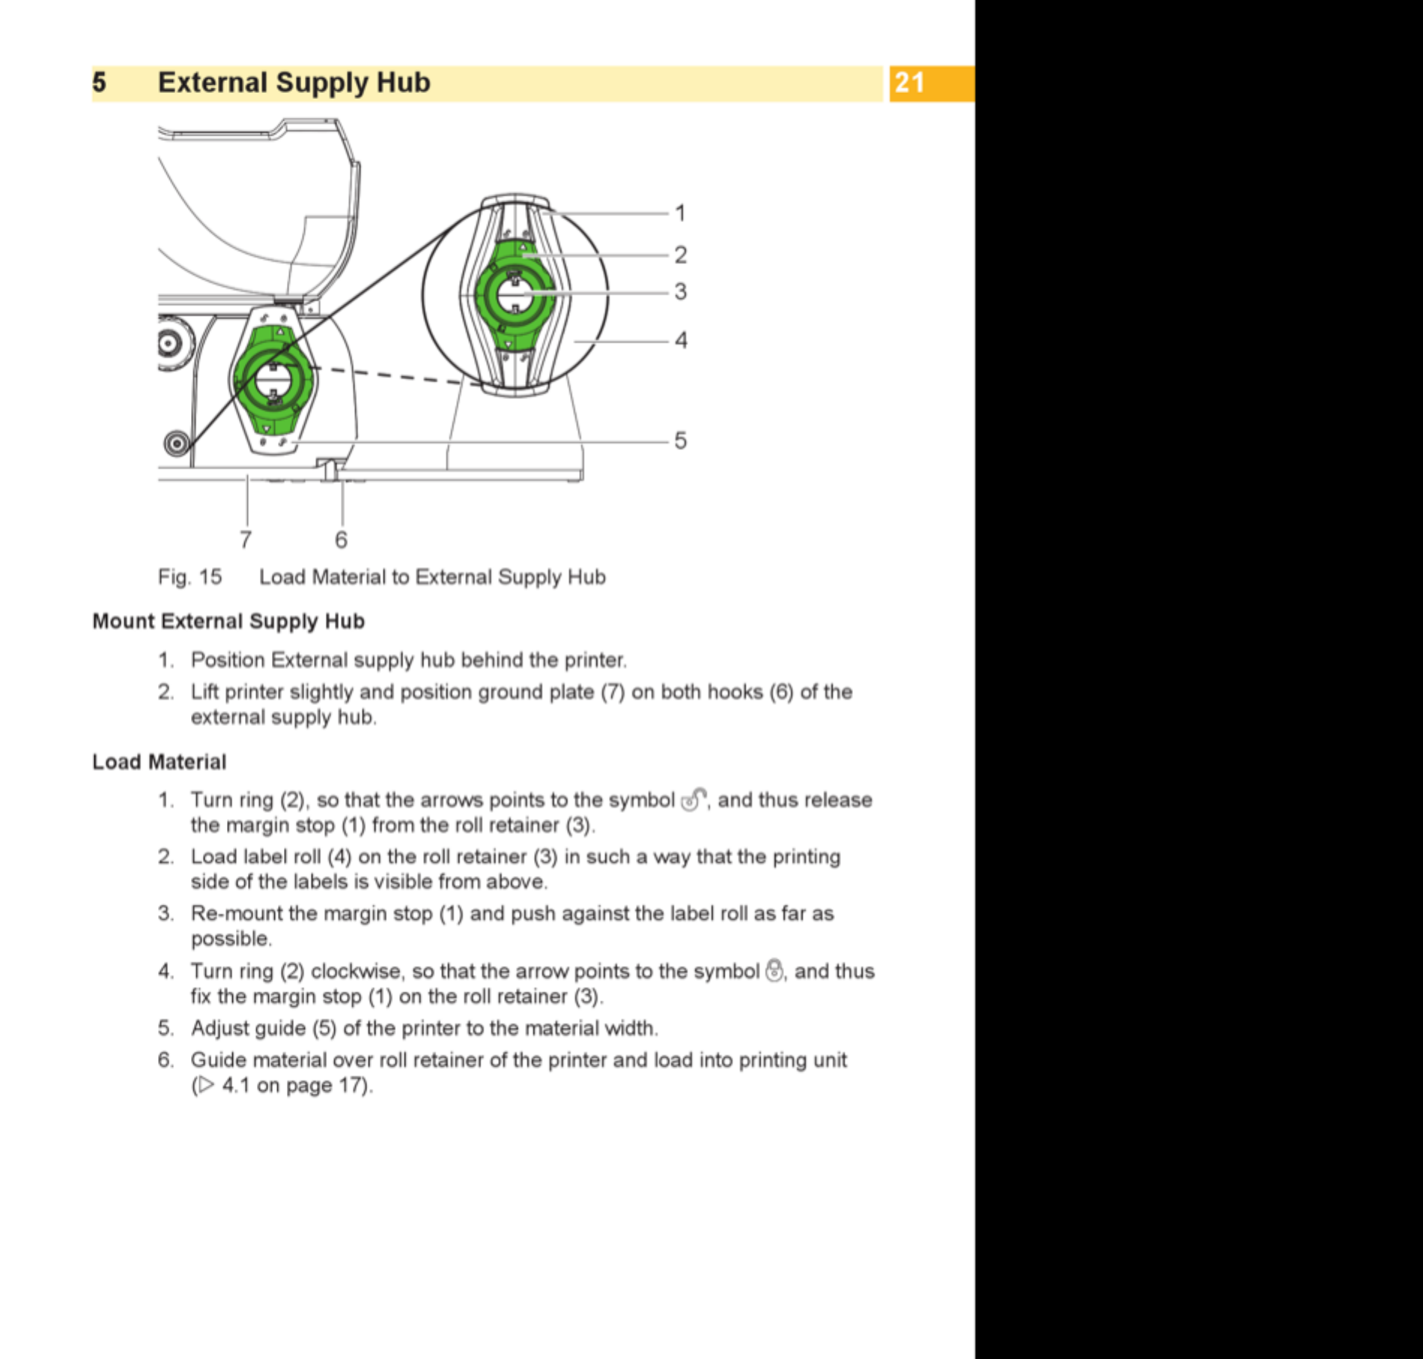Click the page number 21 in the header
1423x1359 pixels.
pos(909,82)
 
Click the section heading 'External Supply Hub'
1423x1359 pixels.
pos(294,82)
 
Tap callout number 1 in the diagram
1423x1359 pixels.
pos(680,214)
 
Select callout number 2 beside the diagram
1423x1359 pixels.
pos(680,255)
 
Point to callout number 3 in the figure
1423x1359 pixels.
pos(680,291)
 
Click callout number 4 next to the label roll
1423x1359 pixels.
pos(681,340)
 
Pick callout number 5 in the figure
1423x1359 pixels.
pos(680,441)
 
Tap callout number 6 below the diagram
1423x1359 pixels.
pos(342,539)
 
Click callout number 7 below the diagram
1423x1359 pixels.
pos(246,539)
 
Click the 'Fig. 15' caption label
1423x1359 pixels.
pos(189,577)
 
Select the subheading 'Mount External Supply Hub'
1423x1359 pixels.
pos(228,621)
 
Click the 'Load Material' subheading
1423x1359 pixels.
pos(159,762)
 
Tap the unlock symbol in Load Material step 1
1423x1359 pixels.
pos(694,799)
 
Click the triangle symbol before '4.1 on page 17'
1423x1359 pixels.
pos(206,1085)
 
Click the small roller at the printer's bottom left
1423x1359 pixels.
pos(177,444)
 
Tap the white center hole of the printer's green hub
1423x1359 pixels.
pos(273,379)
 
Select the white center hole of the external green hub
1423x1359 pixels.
pos(515,294)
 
